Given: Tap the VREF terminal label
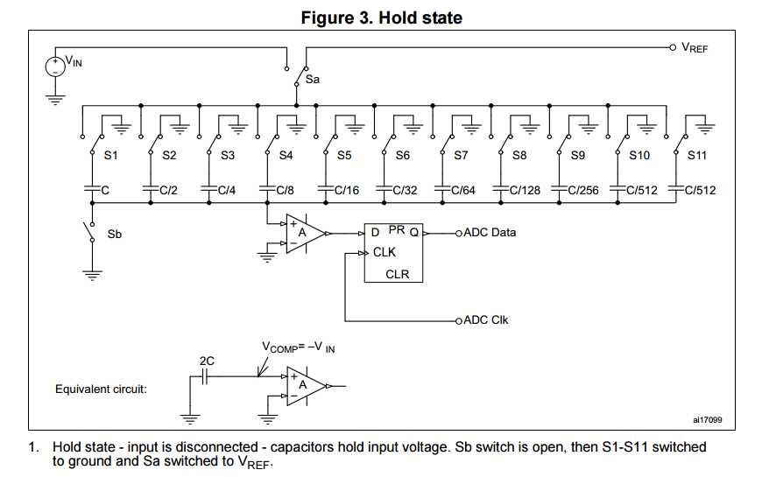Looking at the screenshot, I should [694, 47].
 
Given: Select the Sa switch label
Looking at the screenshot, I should [312, 80].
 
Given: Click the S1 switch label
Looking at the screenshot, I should [111, 156].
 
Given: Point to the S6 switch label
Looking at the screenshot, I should [402, 156].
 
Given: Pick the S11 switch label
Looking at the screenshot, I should [696, 156].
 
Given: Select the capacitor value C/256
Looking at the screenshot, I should [583, 189].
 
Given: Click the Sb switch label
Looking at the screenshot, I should [115, 235].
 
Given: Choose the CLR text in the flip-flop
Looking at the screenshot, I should [397, 274].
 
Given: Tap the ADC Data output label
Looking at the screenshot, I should [490, 233].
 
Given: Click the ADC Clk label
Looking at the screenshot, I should [485, 320].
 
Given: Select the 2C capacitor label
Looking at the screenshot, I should [207, 360].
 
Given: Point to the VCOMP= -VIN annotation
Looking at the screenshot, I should [298, 347].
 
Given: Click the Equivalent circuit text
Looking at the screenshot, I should [101, 389].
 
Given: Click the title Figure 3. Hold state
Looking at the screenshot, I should [381, 17].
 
